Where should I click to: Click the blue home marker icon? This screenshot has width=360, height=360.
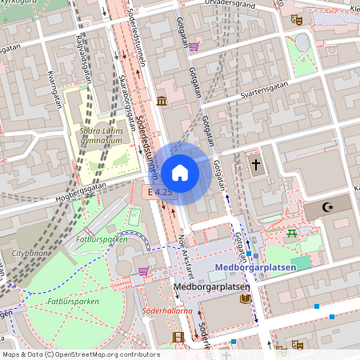coord(180,173)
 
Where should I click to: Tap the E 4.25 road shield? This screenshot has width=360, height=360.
coord(160,192)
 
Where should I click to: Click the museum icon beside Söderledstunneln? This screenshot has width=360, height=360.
coord(162,101)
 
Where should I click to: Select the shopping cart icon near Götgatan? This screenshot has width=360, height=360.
coord(194,46)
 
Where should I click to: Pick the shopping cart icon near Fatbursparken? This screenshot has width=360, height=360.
coord(143,271)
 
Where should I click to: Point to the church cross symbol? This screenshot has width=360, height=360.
coord(256,166)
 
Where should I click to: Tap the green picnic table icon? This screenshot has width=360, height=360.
coord(292,234)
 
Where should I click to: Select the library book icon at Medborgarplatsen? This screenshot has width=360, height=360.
coord(244,298)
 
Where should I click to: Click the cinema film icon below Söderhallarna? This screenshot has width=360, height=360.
coord(178,337)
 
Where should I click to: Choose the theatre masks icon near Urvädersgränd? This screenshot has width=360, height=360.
coord(297,19)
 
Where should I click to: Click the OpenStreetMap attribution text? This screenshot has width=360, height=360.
coord(80,354)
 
